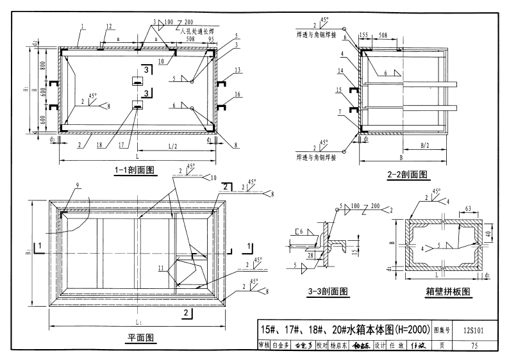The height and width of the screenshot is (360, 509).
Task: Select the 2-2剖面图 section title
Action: (x=408, y=173)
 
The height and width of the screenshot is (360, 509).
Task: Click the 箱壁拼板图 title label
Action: (x=447, y=290)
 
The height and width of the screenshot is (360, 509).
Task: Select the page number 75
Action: (x=473, y=347)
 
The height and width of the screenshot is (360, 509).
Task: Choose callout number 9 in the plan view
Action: (x=78, y=186)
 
